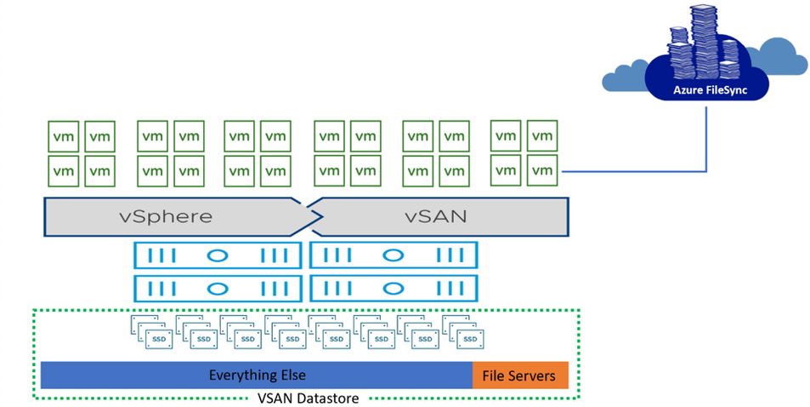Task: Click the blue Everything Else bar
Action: pyautogui.click(x=257, y=375)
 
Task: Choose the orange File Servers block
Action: pyautogui.click(x=519, y=375)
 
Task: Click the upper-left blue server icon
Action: pyautogui.click(x=218, y=255)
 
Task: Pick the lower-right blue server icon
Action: pyautogui.click(x=394, y=288)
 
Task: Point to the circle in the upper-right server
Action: pyautogui.click(x=394, y=255)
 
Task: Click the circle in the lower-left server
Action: pyautogui.click(x=218, y=288)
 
